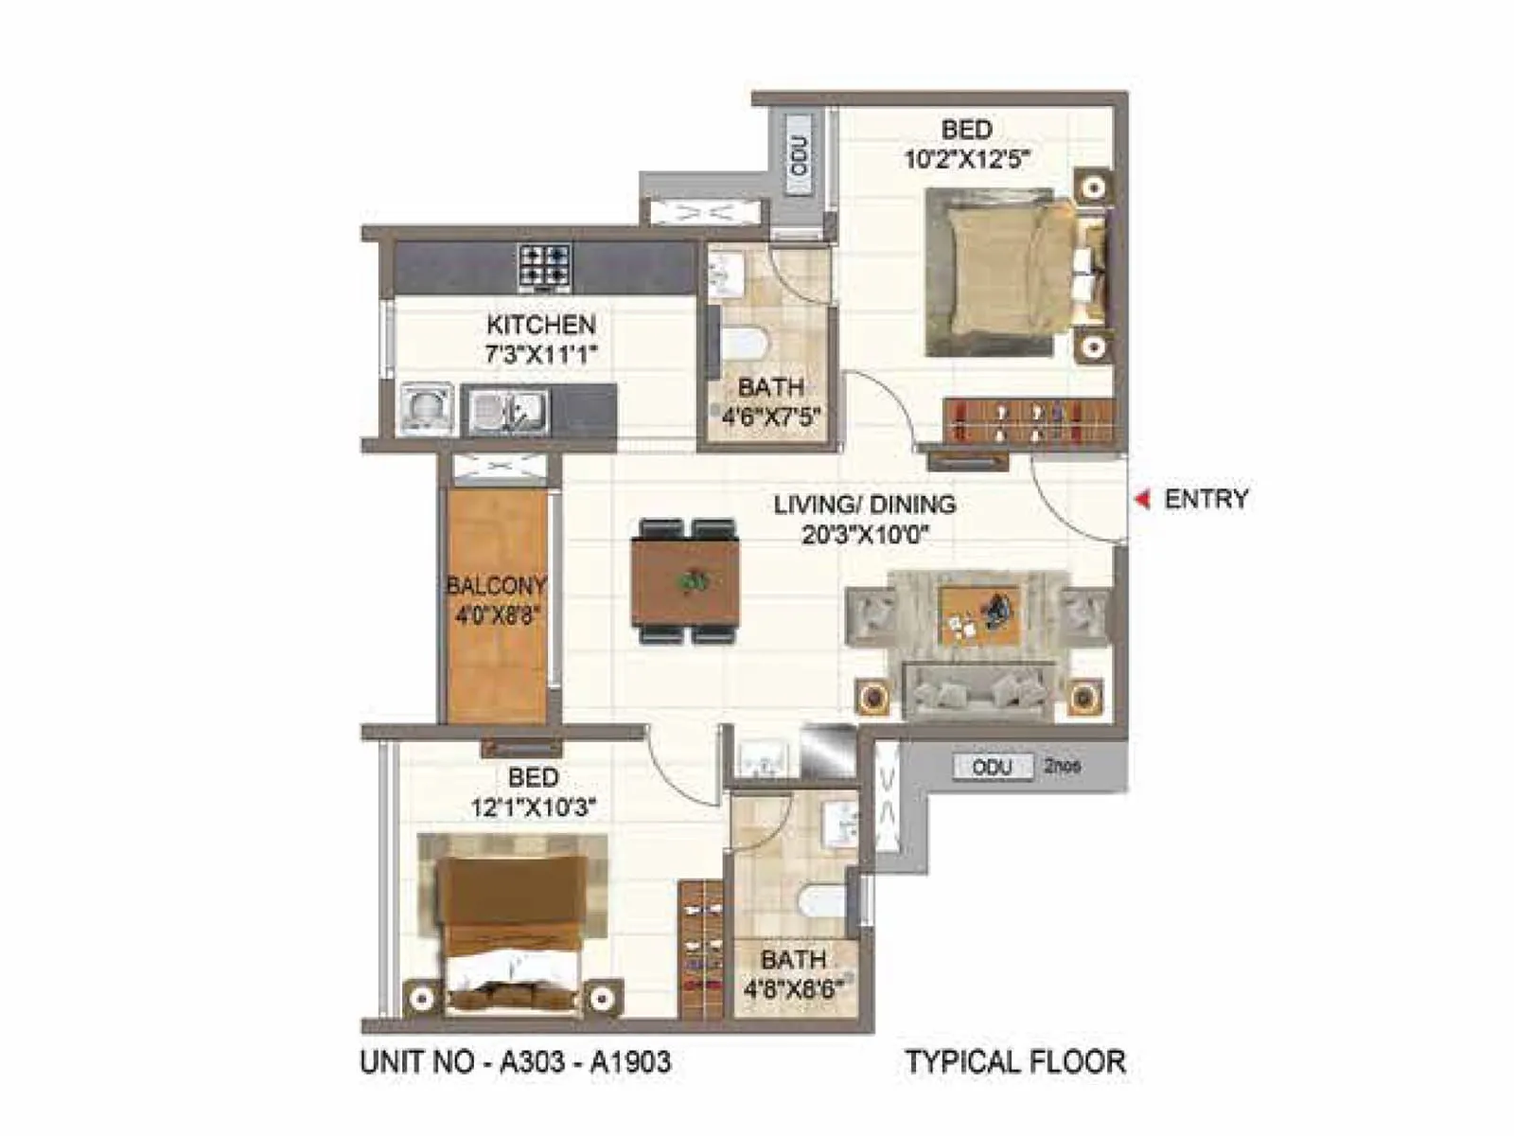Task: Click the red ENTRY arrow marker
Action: [1143, 499]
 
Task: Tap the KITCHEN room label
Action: [540, 325]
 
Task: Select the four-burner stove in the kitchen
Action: [544, 266]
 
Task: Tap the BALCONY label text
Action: [496, 585]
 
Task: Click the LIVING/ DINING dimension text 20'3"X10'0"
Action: [864, 534]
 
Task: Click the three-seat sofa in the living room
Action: [978, 692]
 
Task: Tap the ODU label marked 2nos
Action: [991, 767]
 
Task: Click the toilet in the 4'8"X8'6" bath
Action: [822, 901]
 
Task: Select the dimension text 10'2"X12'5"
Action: [965, 158]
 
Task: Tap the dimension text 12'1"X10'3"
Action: [533, 808]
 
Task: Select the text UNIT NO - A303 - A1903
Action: [516, 1062]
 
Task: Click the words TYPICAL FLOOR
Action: [1014, 1062]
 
